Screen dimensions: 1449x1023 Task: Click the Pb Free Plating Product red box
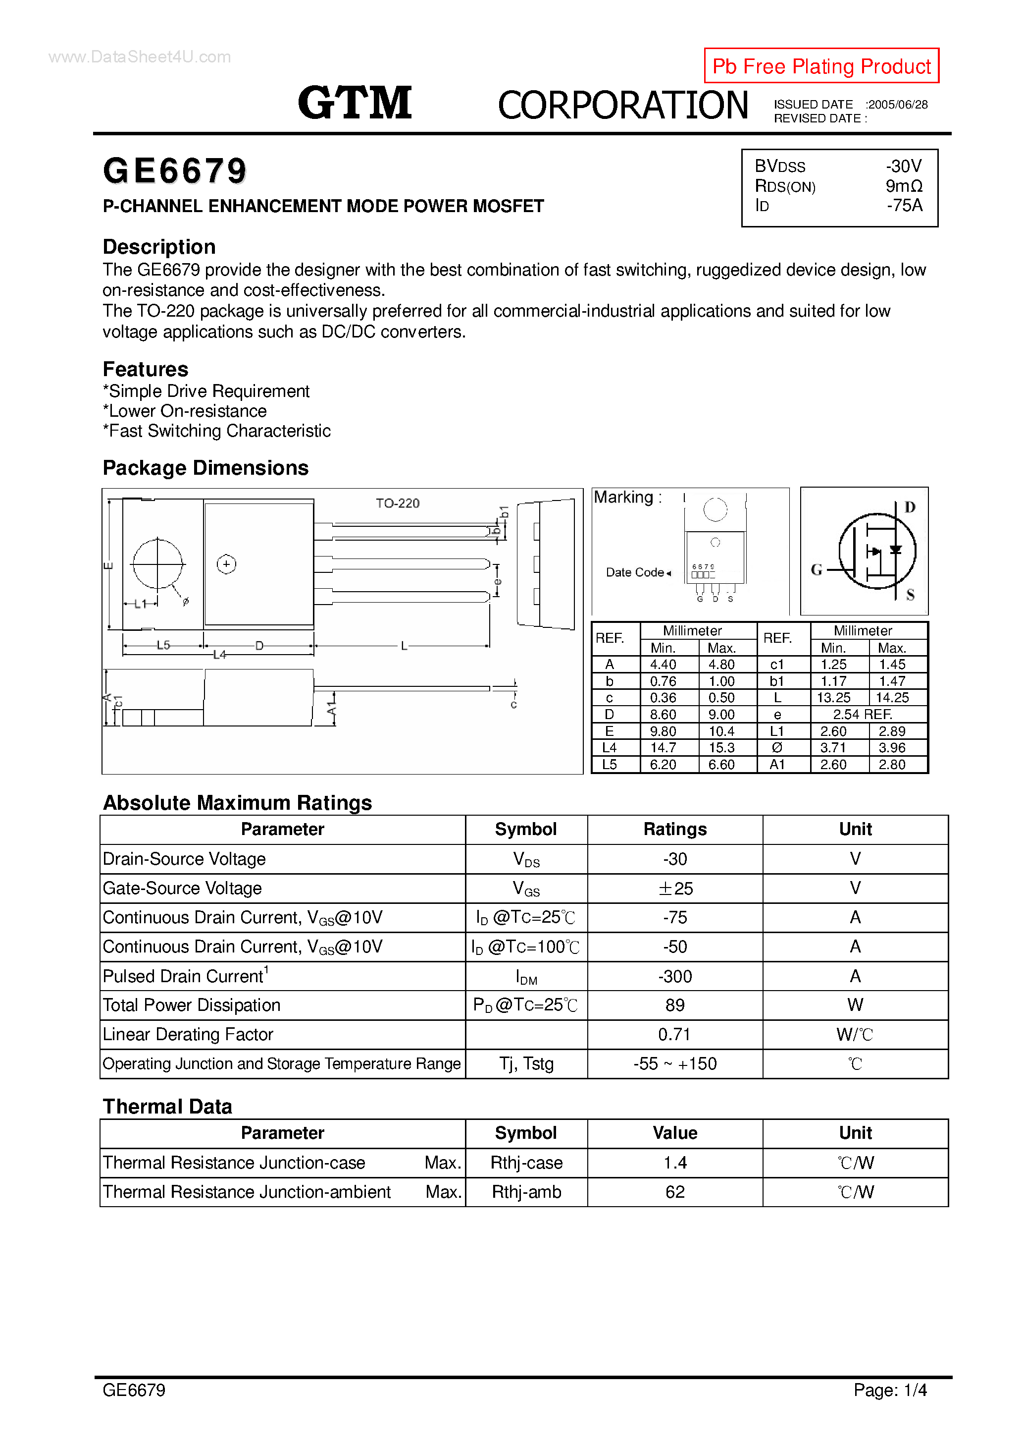click(821, 65)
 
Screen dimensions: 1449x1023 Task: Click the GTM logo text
click(355, 103)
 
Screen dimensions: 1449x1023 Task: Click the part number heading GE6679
click(175, 171)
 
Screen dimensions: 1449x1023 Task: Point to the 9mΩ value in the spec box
click(903, 186)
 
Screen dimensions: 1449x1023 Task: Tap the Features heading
click(146, 369)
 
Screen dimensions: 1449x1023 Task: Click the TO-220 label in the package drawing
click(397, 503)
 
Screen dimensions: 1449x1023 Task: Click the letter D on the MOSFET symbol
click(910, 507)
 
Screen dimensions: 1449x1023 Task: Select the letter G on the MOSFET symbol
click(816, 570)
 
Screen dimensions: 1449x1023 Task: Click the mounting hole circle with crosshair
click(157, 563)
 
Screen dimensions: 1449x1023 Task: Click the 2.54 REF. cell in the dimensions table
click(862, 715)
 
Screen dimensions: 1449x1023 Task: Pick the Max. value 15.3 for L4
click(721, 748)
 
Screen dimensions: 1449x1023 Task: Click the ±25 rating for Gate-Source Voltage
click(675, 889)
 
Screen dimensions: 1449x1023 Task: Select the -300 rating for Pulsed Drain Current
click(675, 976)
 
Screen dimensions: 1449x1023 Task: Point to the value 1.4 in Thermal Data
click(675, 1163)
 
